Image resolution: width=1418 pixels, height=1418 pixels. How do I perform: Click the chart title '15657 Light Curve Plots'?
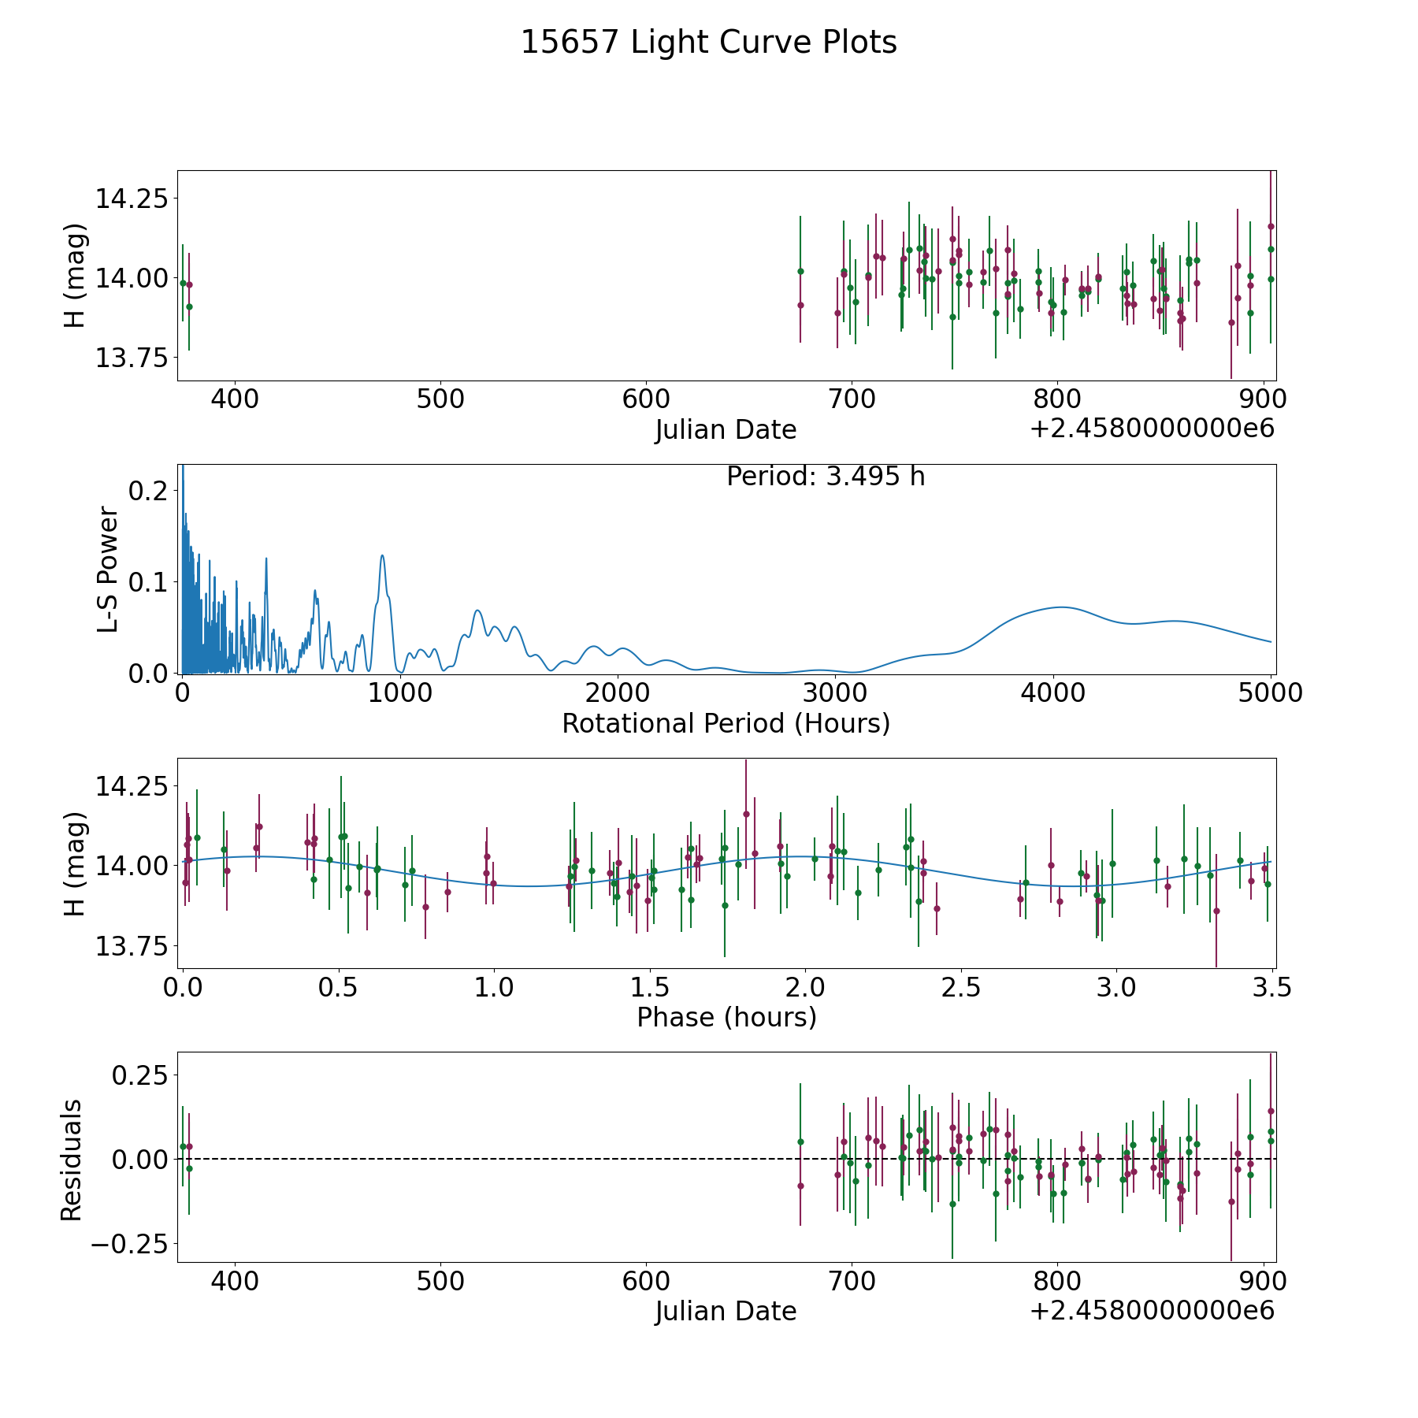coord(708,43)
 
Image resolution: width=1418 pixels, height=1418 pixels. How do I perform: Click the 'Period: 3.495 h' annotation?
coord(825,477)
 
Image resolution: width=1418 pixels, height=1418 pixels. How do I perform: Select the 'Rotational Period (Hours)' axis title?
coord(726,723)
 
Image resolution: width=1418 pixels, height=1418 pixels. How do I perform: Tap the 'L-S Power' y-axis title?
coord(108,570)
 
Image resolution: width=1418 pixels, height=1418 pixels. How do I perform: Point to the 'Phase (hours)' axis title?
coord(726,1017)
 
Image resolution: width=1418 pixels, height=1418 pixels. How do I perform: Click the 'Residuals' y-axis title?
coord(71,1160)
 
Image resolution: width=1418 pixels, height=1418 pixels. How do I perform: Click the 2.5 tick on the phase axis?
coord(961,988)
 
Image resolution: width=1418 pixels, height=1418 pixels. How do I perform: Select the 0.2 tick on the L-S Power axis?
coord(148,491)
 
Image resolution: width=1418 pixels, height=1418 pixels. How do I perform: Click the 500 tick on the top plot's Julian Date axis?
coord(440,399)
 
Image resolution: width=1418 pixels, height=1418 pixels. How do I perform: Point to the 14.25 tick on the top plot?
coord(132,199)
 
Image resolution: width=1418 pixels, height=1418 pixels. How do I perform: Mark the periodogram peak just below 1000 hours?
coord(382,555)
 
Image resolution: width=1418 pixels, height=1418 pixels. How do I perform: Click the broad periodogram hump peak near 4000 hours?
coord(1061,607)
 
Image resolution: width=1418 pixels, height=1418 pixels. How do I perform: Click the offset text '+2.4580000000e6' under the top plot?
coord(1152,429)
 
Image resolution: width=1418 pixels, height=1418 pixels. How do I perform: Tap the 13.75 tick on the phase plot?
coord(132,946)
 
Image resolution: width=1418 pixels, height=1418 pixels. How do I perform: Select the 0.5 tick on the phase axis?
coord(339,988)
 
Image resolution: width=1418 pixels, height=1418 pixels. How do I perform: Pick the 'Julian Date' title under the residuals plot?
coord(726,1312)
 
